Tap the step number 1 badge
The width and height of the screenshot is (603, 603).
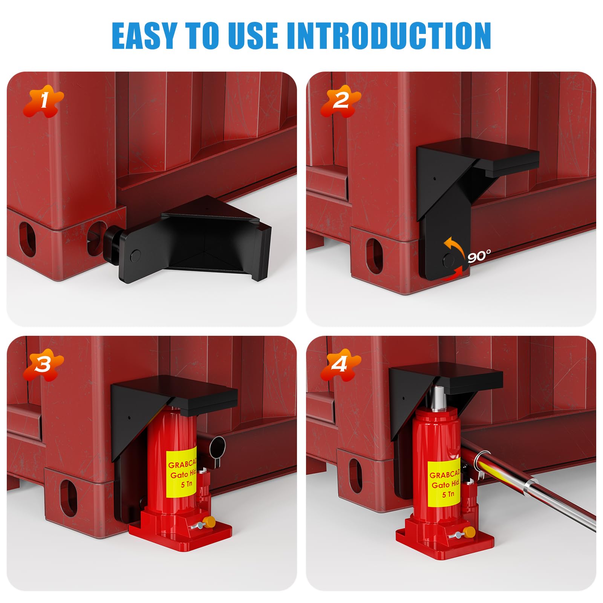point(43,101)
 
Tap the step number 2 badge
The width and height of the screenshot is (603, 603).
point(341,101)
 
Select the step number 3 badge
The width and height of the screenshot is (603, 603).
point(43,365)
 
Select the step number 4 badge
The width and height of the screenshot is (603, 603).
point(341,365)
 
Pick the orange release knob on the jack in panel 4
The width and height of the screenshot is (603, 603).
point(469,533)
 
